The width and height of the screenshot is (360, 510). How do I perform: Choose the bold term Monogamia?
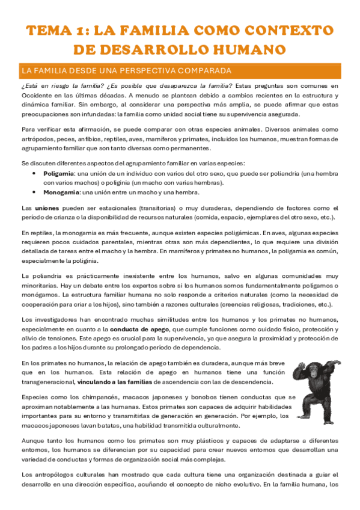pyautogui.click(x=61, y=192)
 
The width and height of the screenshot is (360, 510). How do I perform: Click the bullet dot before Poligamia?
pyautogui.click(x=33, y=173)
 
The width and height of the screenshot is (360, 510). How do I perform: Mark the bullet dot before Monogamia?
pyautogui.click(x=33, y=192)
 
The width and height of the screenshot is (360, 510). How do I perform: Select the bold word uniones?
pyautogui.click(x=47, y=207)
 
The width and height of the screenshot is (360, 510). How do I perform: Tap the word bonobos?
pyautogui.click(x=151, y=397)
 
